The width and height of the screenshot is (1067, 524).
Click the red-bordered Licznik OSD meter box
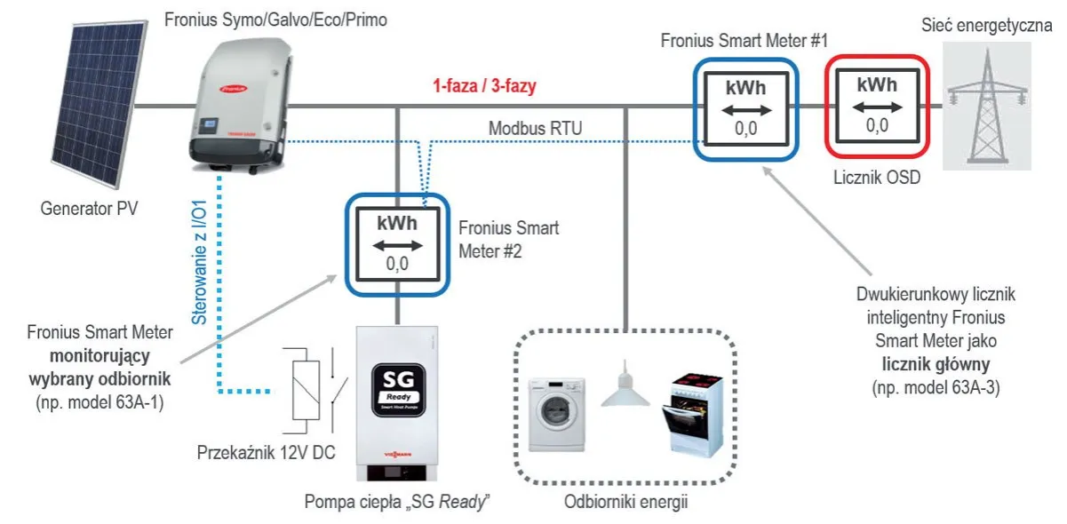coord(876,105)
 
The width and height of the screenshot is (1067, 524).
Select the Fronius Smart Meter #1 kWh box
coord(745,107)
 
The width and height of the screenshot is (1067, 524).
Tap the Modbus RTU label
coord(535,129)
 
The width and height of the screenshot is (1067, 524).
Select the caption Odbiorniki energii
coord(626,502)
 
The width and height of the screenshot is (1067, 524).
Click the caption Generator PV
coord(90,210)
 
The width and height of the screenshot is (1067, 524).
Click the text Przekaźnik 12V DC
coord(266,452)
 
